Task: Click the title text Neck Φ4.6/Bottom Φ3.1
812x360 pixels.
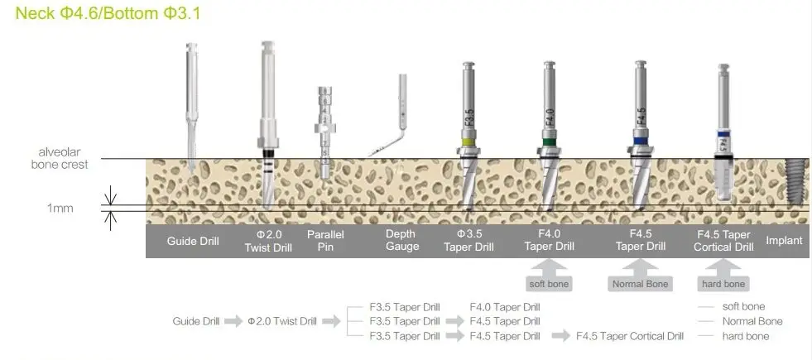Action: pyautogui.click(x=108, y=13)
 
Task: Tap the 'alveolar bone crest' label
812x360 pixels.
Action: pyautogui.click(x=60, y=159)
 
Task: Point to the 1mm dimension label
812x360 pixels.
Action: pyautogui.click(x=60, y=209)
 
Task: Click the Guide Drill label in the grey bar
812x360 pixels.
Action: pyautogui.click(x=193, y=241)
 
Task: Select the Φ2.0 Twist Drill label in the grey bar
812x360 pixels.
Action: pyautogui.click(x=268, y=241)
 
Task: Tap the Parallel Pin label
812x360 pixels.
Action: pyautogui.click(x=325, y=241)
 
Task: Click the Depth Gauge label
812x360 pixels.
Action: pyautogui.click(x=401, y=240)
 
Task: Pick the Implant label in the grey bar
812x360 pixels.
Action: pyautogui.click(x=784, y=240)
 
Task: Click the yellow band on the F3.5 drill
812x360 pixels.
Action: pyautogui.click(x=468, y=142)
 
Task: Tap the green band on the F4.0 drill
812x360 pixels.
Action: pyautogui.click(x=549, y=142)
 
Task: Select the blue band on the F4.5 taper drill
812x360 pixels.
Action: pyautogui.click(x=640, y=141)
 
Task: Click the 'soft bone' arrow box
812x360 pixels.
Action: pyautogui.click(x=549, y=276)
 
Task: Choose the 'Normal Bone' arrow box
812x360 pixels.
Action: pyautogui.click(x=640, y=276)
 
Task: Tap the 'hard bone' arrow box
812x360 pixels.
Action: pyautogui.click(x=723, y=276)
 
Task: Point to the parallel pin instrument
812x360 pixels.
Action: pyautogui.click(x=324, y=132)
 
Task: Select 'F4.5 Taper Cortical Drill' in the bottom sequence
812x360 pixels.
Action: pyautogui.click(x=630, y=336)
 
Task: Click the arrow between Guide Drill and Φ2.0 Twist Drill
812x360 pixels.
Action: pyautogui.click(x=233, y=321)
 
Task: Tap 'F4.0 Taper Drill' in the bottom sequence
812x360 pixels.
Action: pyautogui.click(x=505, y=307)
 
